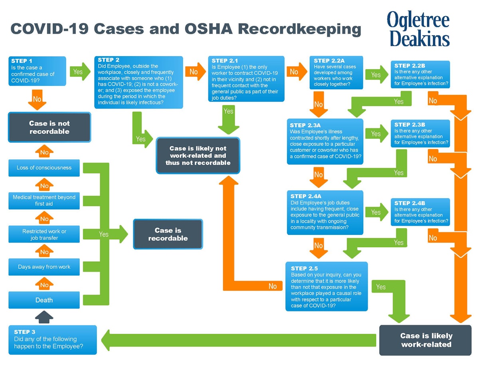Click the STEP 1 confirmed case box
coord(37,71)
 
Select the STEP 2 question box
coord(139,82)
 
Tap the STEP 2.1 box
coord(246,78)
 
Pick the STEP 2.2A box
coord(336,73)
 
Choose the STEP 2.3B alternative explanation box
coord(420,134)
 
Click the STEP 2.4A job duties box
coord(325,212)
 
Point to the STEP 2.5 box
coord(326,286)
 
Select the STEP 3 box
coord(52,340)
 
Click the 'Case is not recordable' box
coord(49,127)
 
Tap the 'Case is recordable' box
coord(168,234)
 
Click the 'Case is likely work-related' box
coord(426,340)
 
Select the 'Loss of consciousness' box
coord(44,168)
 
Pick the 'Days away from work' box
coord(44,267)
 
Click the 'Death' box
coord(44,300)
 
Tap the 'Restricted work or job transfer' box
coord(44,234)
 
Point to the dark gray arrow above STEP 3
coord(44,317)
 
